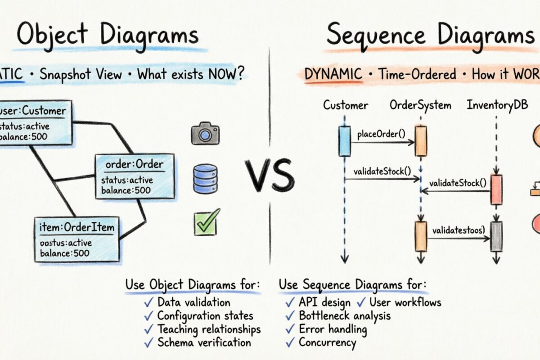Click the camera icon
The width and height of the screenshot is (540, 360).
click(x=205, y=134)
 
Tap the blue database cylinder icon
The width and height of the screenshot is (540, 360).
click(x=205, y=179)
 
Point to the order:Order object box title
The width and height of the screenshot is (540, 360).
click(x=135, y=164)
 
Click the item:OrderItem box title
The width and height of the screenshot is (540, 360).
click(x=77, y=227)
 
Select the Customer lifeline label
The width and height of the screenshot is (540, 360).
click(x=345, y=105)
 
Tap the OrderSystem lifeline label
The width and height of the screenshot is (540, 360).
click(x=420, y=105)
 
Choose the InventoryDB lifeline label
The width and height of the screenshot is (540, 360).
click(x=497, y=105)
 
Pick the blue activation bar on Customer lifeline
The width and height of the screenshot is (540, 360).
click(x=344, y=141)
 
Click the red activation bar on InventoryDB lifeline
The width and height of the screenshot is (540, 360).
click(x=496, y=190)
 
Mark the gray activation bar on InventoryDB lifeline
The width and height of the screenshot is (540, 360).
click(x=496, y=236)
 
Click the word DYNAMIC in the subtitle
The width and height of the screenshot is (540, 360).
click(x=333, y=74)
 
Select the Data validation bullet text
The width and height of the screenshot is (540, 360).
click(x=194, y=302)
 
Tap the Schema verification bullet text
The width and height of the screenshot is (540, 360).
click(x=204, y=342)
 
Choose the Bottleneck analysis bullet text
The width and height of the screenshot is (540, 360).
click(x=345, y=315)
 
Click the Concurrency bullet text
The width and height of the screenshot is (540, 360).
click(x=327, y=342)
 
